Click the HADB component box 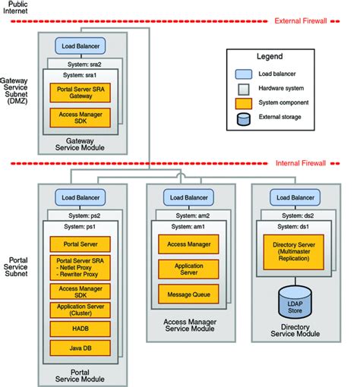(80, 328)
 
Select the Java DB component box (80, 348)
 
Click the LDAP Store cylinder (294, 295)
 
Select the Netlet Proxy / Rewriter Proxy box (80, 268)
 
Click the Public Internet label (17, 8)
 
